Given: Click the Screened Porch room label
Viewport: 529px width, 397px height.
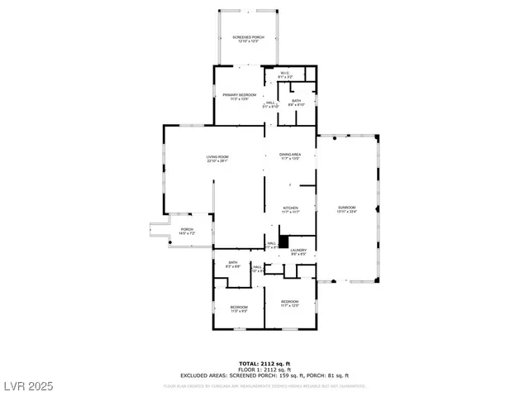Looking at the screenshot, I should click(247, 37).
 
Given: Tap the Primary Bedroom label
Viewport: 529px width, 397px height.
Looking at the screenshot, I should click(239, 95).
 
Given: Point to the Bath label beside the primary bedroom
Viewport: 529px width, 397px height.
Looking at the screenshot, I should click(297, 101).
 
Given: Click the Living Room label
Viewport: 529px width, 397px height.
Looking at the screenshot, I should click(217, 157).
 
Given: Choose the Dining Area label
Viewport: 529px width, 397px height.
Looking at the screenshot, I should click(289, 154).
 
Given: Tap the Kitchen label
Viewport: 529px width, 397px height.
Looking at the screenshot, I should click(289, 208).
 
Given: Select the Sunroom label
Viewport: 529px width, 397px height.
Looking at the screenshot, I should click(346, 207).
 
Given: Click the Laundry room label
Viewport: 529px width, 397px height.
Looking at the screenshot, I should click(298, 250).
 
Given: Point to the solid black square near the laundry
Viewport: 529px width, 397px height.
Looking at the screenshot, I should click(283, 242).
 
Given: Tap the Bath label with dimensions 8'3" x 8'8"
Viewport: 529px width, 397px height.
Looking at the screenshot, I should click(233, 263).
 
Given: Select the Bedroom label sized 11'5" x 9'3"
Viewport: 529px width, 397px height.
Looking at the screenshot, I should click(239, 307).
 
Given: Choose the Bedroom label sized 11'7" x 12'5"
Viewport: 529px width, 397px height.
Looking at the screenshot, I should click(289, 301).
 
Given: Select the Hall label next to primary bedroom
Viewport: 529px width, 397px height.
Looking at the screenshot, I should click(271, 103).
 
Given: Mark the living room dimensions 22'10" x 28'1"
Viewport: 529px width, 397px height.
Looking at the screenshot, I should click(217, 161).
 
